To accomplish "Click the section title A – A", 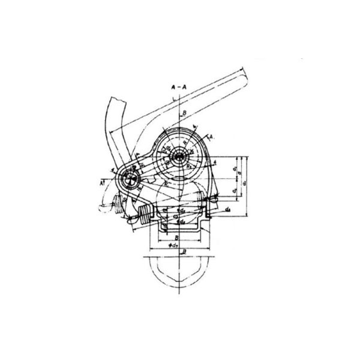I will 179,86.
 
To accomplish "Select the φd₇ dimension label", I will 176,245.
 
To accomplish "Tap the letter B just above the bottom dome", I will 183,253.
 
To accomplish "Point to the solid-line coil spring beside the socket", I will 145,214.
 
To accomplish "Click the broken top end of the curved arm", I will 114,100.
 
